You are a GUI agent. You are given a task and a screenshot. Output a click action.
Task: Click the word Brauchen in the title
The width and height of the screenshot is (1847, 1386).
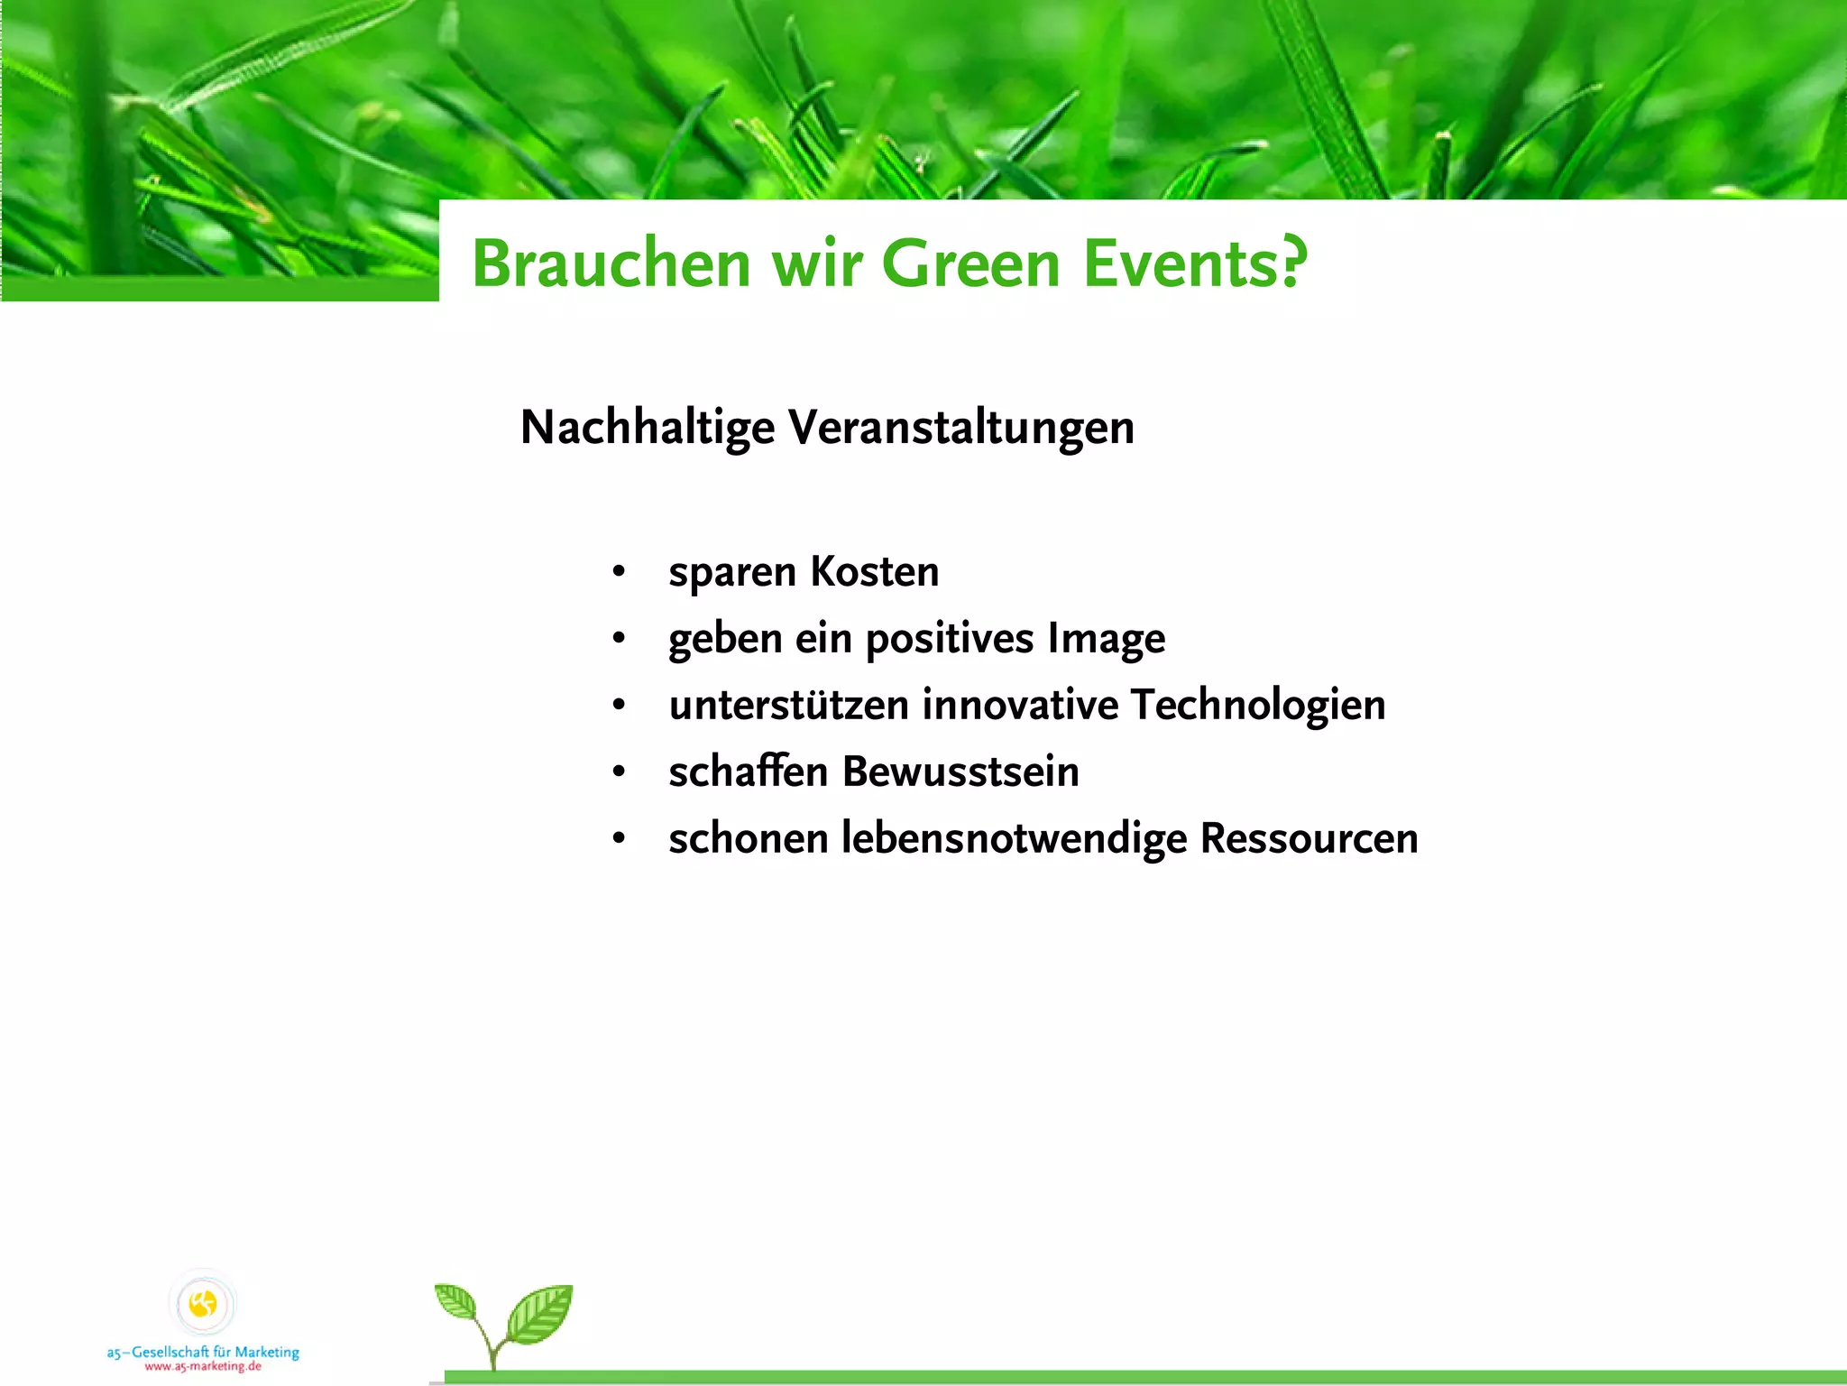(x=611, y=263)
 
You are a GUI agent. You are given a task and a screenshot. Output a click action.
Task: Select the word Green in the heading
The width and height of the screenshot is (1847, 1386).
(x=970, y=263)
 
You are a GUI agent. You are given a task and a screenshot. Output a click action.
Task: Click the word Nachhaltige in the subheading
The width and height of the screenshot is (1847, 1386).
(x=647, y=428)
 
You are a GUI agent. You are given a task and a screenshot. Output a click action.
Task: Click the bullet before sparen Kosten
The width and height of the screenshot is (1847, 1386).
(x=619, y=572)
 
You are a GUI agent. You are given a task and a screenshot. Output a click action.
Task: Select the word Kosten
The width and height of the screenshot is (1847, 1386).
(x=874, y=572)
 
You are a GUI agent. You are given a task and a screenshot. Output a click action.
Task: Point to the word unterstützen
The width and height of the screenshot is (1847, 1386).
(x=788, y=705)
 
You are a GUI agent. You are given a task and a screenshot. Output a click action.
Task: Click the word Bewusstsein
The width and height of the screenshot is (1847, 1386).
(x=960, y=772)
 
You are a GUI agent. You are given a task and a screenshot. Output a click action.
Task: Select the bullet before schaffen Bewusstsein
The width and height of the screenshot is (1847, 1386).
(x=619, y=772)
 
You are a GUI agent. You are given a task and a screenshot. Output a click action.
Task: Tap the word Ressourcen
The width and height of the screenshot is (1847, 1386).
(x=1309, y=838)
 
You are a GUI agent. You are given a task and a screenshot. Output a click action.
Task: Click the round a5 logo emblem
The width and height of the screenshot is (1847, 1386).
(x=203, y=1303)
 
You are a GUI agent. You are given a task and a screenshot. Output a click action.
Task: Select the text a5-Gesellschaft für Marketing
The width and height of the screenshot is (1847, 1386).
(x=203, y=1352)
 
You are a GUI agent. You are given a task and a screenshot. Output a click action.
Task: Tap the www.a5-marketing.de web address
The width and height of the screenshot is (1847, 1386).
(x=203, y=1366)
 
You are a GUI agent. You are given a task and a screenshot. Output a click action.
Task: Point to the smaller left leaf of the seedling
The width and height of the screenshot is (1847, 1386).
(x=457, y=1303)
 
